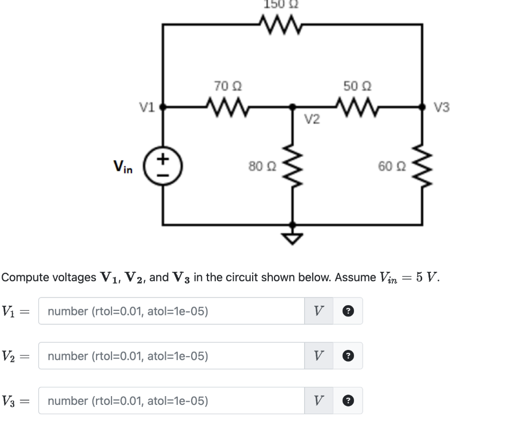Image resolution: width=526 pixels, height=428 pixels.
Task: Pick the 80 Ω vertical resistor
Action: (x=293, y=166)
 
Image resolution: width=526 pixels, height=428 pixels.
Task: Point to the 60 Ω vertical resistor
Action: (x=422, y=166)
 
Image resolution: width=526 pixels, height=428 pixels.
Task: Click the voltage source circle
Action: (x=163, y=166)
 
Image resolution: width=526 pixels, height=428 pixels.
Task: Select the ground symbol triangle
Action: (x=293, y=238)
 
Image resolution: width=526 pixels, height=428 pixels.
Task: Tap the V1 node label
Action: (x=147, y=107)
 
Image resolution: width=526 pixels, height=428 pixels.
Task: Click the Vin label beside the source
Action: (x=123, y=166)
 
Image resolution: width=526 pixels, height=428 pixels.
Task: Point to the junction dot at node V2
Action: (x=293, y=107)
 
